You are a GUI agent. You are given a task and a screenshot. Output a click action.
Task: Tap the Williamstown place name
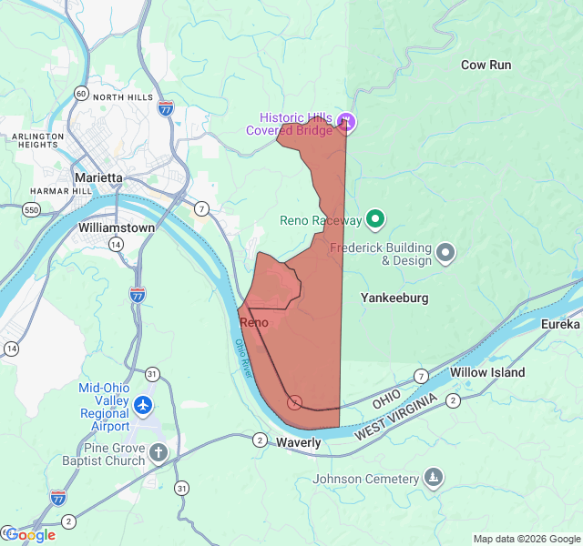tap(117, 227)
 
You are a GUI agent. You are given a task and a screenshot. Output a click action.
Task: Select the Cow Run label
tap(486, 65)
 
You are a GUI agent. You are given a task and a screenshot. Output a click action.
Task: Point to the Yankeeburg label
tap(394, 298)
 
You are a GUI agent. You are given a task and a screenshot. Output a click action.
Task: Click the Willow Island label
tap(487, 372)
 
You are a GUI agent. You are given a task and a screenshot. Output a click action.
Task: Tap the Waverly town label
tap(298, 442)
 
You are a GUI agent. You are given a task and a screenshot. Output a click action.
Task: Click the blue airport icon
tap(143, 403)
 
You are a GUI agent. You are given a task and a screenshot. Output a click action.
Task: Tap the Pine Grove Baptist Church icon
tap(159, 453)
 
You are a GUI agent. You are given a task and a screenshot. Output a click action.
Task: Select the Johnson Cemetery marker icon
tap(435, 478)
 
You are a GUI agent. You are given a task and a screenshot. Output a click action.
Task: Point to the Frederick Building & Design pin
tap(445, 253)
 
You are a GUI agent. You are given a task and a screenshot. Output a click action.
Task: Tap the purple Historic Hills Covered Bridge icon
tap(345, 121)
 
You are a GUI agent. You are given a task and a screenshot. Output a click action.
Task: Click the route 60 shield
tap(81, 94)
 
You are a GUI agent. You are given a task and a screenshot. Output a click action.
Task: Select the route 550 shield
tap(32, 209)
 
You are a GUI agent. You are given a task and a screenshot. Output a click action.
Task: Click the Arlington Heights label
tap(37, 140)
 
